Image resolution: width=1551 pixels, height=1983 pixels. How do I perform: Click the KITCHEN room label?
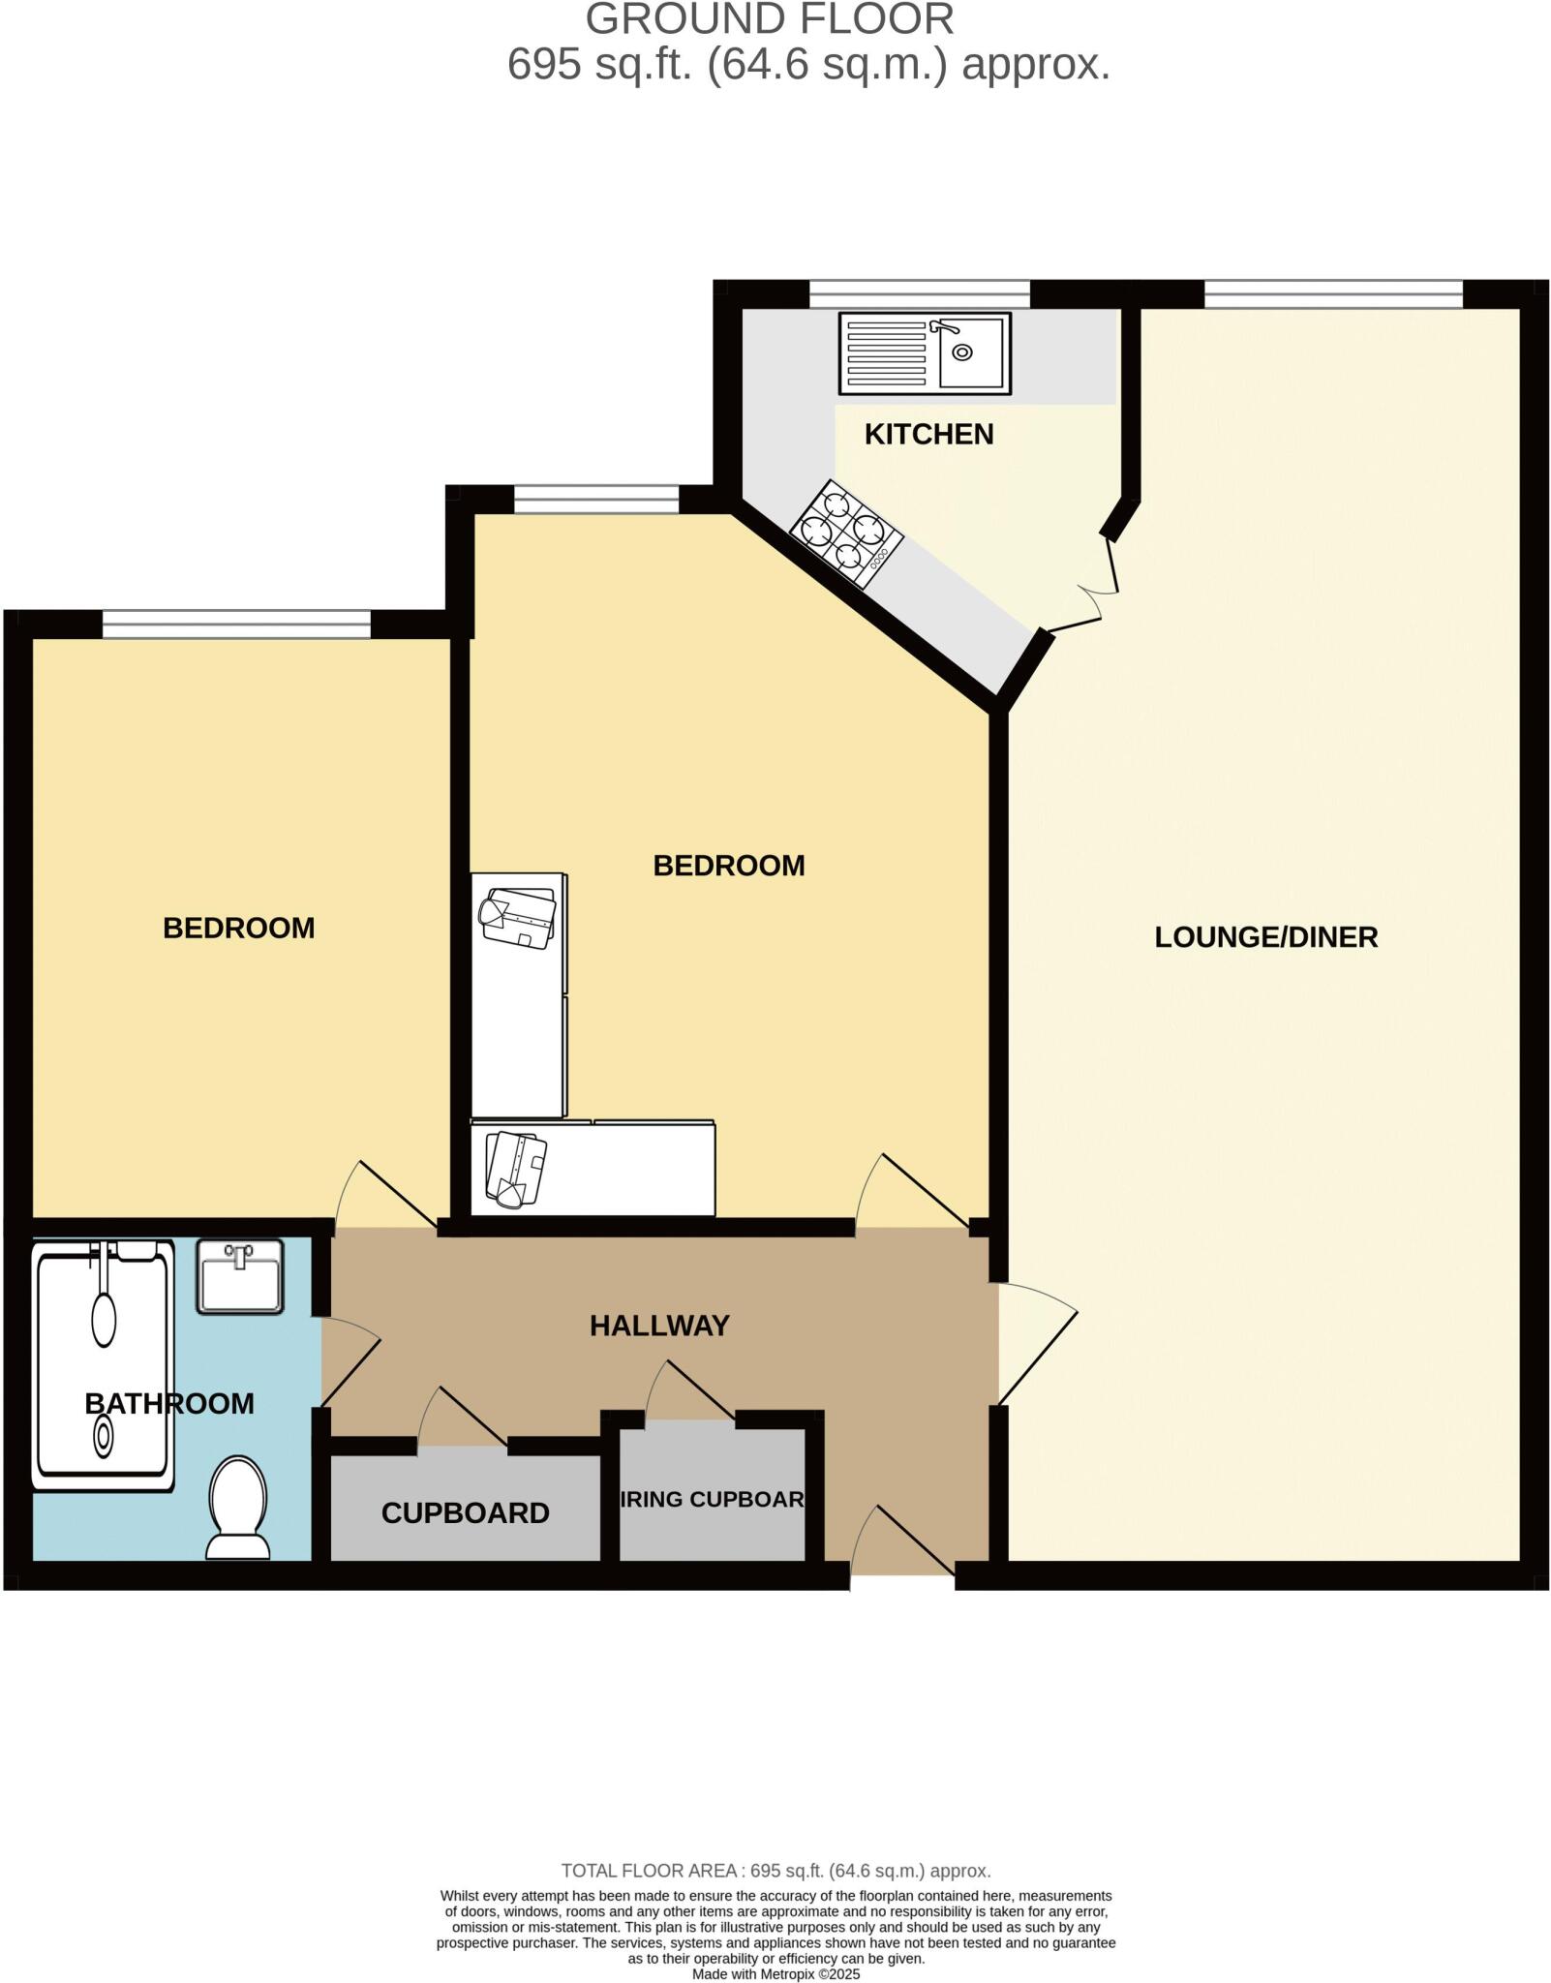click(x=928, y=434)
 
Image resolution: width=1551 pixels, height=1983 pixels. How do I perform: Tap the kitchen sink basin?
click(x=970, y=353)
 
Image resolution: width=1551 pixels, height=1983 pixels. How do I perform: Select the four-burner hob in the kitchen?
click(x=845, y=534)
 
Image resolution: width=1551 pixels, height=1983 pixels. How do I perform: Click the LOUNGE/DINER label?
click(x=1265, y=936)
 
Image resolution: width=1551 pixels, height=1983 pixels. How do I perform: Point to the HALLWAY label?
click(x=659, y=1326)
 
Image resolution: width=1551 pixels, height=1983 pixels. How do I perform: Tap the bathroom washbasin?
click(x=240, y=1276)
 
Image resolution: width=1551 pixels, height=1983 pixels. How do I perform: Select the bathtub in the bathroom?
click(x=103, y=1366)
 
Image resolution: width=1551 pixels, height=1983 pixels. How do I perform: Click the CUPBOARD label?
click(x=465, y=1512)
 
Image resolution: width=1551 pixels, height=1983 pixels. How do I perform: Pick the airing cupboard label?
click(x=712, y=1499)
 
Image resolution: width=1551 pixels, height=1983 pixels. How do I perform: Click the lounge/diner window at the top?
click(x=1332, y=293)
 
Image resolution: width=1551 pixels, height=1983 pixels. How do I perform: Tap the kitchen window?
click(x=919, y=293)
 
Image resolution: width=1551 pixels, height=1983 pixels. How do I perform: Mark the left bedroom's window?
click(x=236, y=625)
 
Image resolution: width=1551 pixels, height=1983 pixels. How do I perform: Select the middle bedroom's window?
click(x=596, y=500)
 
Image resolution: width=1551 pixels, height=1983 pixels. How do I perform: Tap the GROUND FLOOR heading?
click(x=770, y=19)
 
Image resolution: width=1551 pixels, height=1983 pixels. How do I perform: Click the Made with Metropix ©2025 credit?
click(x=775, y=1974)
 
